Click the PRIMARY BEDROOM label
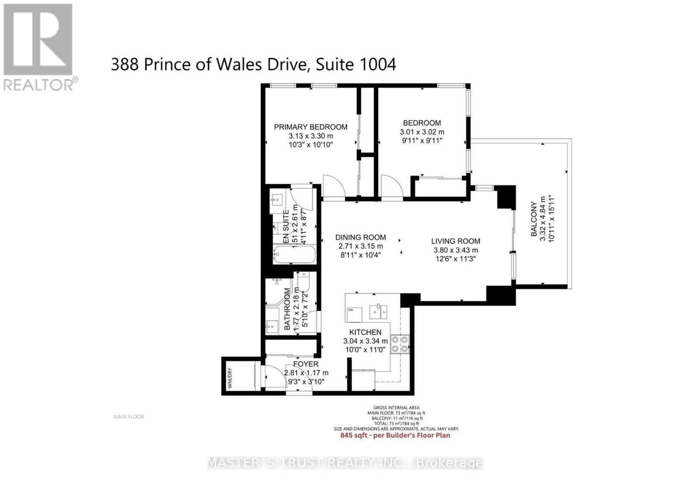point(310,127)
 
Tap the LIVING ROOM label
point(455,241)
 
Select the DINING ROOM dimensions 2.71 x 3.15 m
point(361,246)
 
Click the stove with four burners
point(400,344)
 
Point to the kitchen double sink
point(379,311)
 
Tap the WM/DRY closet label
point(230,378)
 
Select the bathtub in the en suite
point(294,255)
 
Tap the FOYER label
point(306,364)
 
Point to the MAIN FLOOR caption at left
point(129,417)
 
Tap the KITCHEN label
point(365,332)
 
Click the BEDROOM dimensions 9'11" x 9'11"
point(421,141)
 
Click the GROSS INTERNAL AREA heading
point(396,408)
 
